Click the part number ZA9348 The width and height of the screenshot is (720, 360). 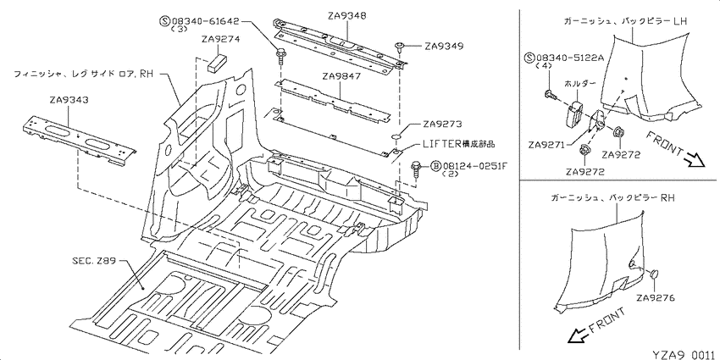coord(347,16)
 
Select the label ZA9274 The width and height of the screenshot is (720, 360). coord(220,40)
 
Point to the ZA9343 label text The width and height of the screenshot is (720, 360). coord(70,100)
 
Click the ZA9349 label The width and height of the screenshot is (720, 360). coord(444,46)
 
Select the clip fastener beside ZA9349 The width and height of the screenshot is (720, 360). coord(399,47)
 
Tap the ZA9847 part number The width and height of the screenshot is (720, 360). coord(342,77)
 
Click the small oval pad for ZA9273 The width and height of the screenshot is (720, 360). coord(396,137)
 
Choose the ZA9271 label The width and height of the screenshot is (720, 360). coord(547,145)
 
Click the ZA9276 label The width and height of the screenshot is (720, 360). coord(656,298)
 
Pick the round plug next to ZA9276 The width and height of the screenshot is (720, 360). coord(653,274)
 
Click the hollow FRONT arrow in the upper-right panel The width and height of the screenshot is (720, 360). coord(695,159)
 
